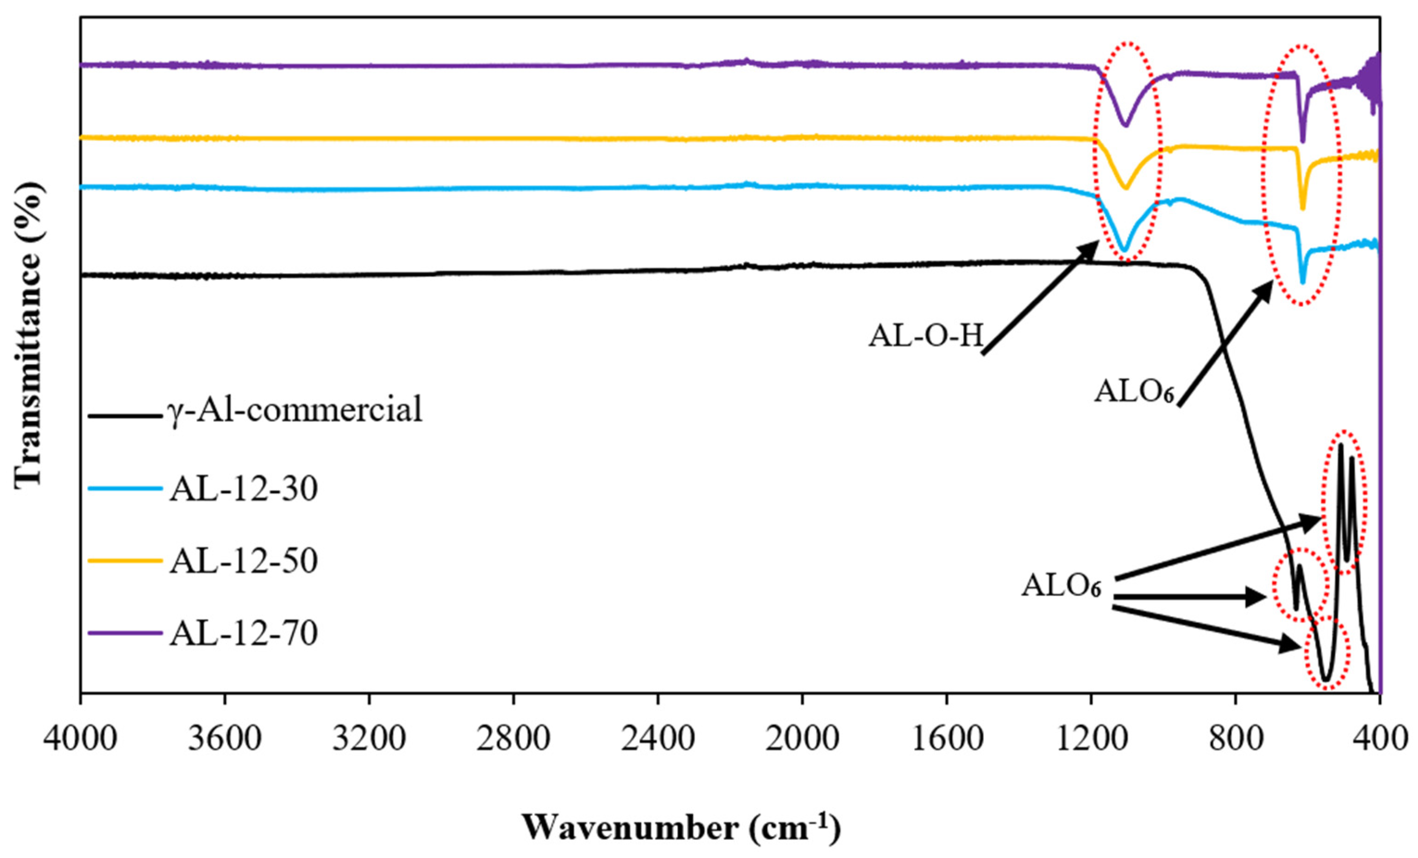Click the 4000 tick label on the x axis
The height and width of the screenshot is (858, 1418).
pyautogui.click(x=81, y=739)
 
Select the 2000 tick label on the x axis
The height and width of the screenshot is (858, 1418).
pyautogui.click(x=802, y=739)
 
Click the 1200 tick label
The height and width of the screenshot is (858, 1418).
pyautogui.click(x=1091, y=739)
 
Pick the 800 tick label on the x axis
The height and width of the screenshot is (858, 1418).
pyautogui.click(x=1235, y=739)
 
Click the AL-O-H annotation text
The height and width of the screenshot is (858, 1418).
pyautogui.click(x=925, y=336)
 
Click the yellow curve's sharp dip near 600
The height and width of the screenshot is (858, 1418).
pyautogui.click(x=1303, y=209)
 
